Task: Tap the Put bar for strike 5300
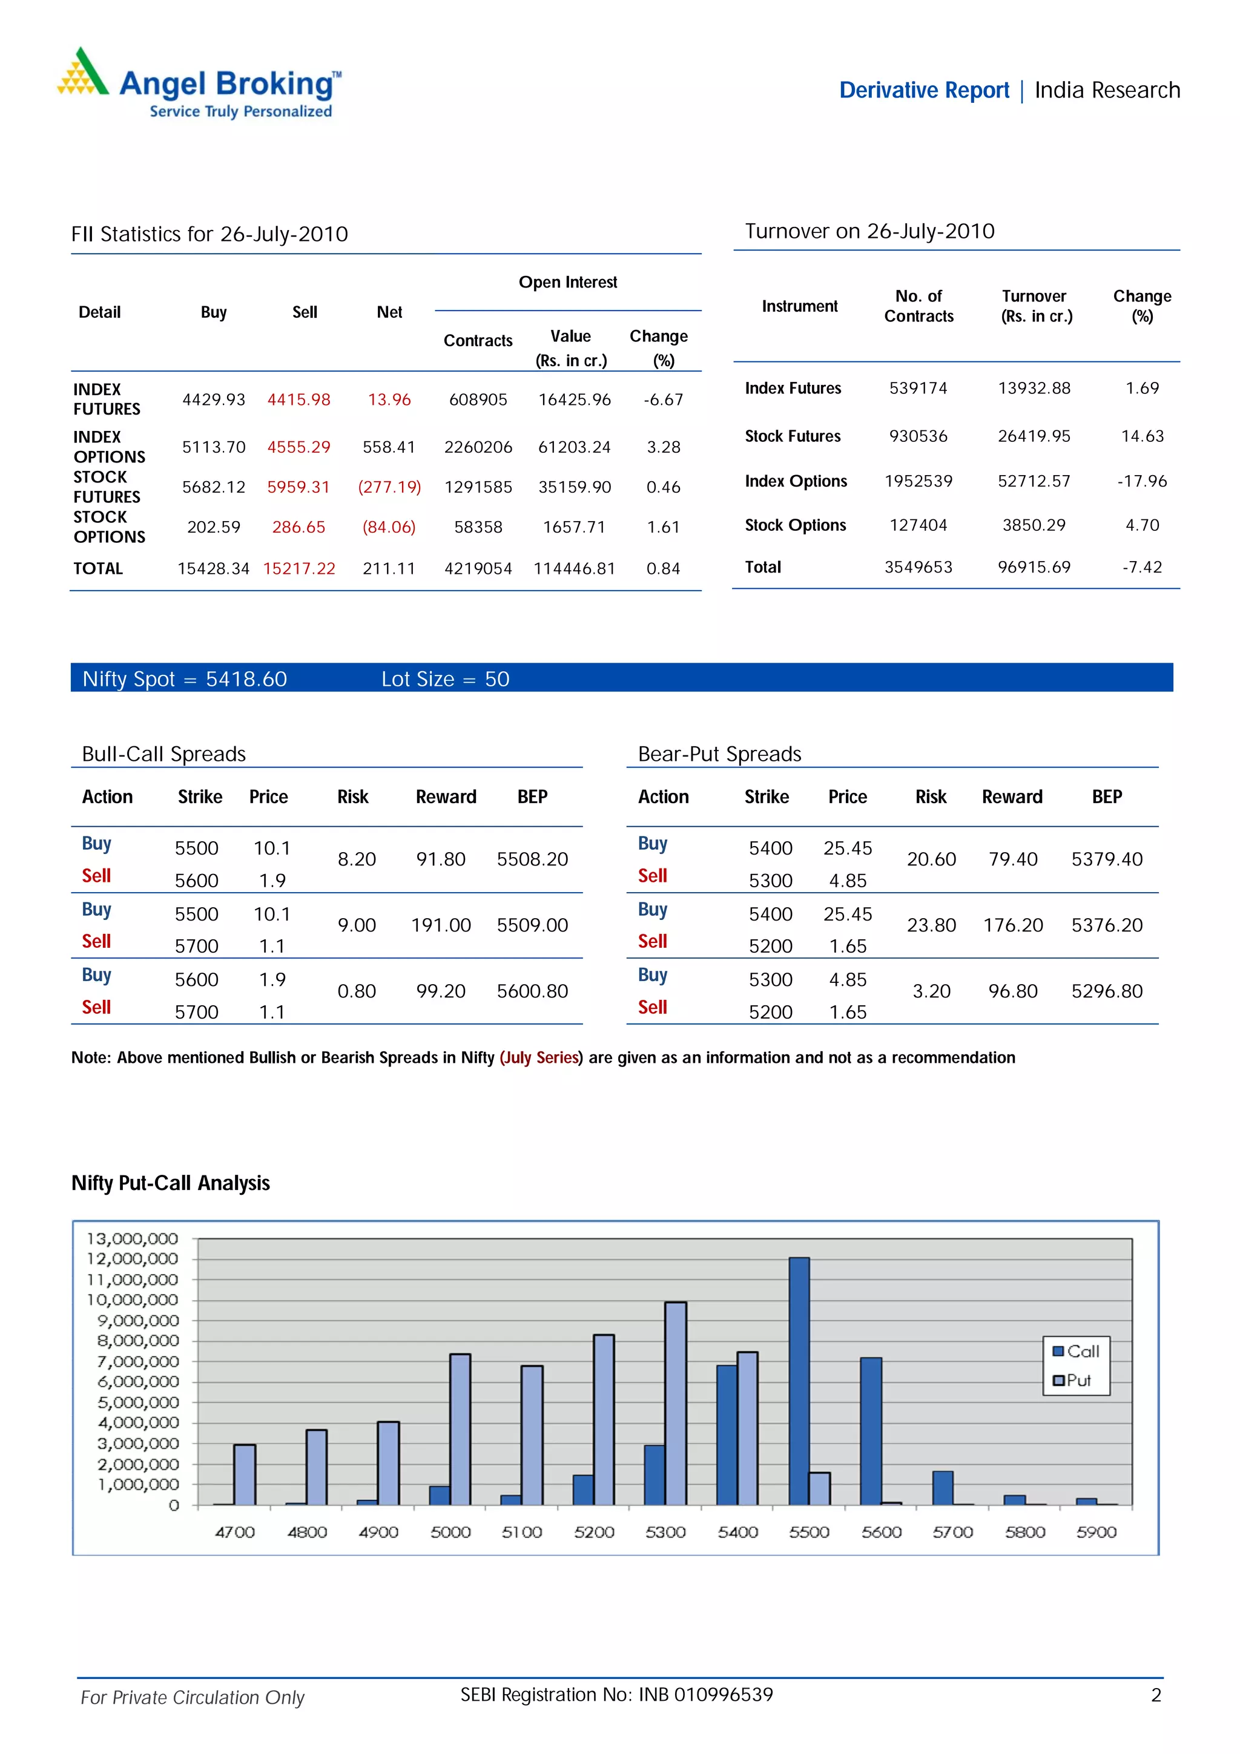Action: point(675,1404)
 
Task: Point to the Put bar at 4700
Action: point(245,1474)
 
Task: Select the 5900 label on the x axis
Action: point(1096,1532)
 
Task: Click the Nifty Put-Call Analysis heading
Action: point(170,1183)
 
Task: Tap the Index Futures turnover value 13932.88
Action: point(1034,388)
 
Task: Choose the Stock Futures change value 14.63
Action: point(1141,436)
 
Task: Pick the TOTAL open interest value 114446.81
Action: point(574,568)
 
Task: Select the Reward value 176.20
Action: point(1012,925)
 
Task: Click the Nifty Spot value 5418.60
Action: point(246,679)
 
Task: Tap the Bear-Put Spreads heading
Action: point(719,754)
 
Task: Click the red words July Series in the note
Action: point(541,1057)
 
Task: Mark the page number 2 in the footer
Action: point(1155,1695)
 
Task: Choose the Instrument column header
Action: point(799,306)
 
